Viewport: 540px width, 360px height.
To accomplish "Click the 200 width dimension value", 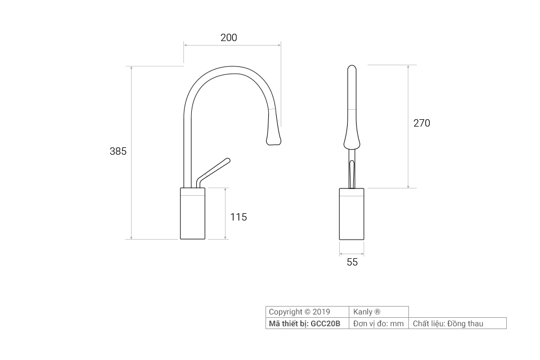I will point(229,38).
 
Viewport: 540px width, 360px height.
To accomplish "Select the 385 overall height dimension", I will point(118,151).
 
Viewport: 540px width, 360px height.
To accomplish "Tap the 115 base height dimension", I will point(238,217).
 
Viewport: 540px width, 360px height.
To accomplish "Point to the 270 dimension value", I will point(421,123).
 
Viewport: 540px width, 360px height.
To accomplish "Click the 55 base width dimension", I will point(352,262).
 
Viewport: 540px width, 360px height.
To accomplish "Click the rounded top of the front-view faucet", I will point(352,70).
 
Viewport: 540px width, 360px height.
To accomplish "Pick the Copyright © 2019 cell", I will point(299,312).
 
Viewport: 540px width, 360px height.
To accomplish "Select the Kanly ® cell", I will point(367,312).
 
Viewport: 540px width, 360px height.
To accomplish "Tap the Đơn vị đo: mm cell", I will point(379,323).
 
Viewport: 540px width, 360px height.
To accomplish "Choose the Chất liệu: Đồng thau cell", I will point(448,323).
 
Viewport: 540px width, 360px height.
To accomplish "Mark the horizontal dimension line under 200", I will point(232,45).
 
